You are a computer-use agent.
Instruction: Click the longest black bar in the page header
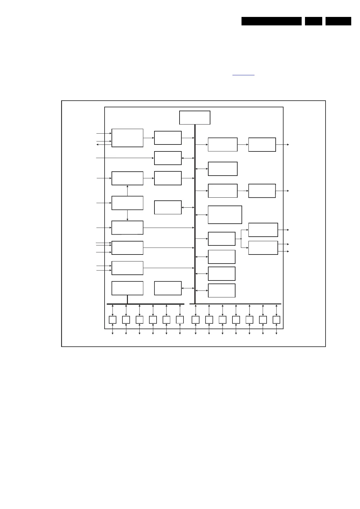[271, 21]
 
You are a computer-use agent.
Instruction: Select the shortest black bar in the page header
[313, 21]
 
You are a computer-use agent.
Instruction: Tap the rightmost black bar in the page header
[338, 21]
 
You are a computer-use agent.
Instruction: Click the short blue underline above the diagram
[243, 75]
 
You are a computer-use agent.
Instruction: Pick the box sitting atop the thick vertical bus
[195, 118]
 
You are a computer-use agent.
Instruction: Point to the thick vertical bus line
[195, 212]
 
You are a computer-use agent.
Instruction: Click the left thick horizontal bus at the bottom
[145, 304]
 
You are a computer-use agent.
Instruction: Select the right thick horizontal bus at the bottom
[235, 304]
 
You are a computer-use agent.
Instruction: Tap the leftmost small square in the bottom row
[112, 319]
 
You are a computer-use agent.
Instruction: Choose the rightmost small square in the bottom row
[276, 319]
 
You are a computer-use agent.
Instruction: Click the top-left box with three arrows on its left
[127, 138]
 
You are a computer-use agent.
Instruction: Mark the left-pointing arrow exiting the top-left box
[99, 145]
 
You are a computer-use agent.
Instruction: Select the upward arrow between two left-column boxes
[127, 190]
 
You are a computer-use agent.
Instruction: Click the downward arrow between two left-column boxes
[127, 215]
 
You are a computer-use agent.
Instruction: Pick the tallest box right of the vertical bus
[225, 215]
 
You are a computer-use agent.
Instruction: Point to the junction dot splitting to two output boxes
[241, 239]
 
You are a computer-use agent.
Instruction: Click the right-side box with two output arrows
[263, 248]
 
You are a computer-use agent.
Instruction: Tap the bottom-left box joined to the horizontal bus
[127, 288]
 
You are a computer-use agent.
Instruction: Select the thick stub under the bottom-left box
[127, 299]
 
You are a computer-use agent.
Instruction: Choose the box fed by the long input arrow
[168, 158]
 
